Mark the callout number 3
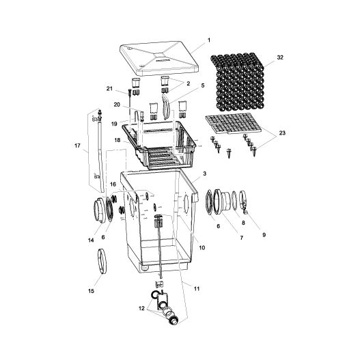pyautogui.click(x=204, y=176)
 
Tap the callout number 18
pyautogui.click(x=117, y=140)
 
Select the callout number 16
pyautogui.click(x=113, y=204)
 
